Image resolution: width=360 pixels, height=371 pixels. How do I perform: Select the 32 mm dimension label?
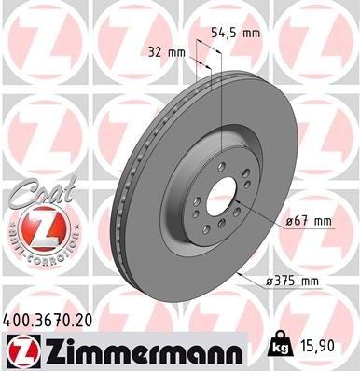(166, 52)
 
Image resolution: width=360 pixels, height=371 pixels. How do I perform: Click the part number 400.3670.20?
(48, 319)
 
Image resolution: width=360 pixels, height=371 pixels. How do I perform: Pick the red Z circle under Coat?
(35, 227)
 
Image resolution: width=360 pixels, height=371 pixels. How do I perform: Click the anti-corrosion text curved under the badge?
(35, 253)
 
